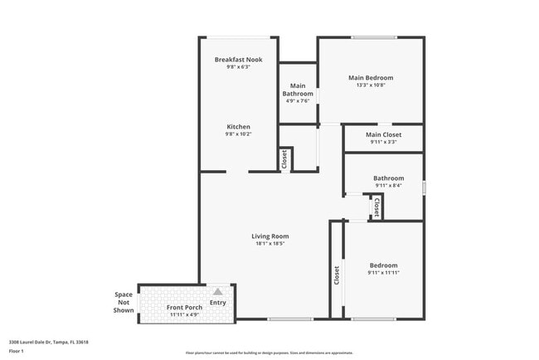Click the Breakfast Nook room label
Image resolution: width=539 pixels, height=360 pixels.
pyautogui.click(x=238, y=60)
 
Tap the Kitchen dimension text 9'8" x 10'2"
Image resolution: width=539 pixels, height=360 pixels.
pyautogui.click(x=238, y=134)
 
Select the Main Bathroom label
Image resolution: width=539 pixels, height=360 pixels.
pyautogui.click(x=298, y=90)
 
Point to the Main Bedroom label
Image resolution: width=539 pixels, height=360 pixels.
pyautogui.click(x=371, y=78)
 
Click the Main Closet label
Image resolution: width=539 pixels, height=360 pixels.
pyautogui.click(x=383, y=134)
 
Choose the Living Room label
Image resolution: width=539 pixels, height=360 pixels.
pyautogui.click(x=270, y=236)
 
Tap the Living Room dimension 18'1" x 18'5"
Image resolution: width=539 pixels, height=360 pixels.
pyautogui.click(x=270, y=244)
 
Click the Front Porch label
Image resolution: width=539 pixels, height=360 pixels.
pyautogui.click(x=184, y=308)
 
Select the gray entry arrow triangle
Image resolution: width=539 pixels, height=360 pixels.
pyautogui.click(x=218, y=292)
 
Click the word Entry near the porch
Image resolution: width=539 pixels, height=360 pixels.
pyautogui.click(x=218, y=303)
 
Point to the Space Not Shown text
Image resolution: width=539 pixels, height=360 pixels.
pyautogui.click(x=124, y=303)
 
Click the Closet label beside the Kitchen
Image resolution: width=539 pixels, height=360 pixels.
pyautogui.click(x=284, y=158)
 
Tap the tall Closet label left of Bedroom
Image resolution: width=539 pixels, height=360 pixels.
pyautogui.click(x=337, y=275)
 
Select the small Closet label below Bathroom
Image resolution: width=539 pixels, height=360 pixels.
pyautogui.click(x=376, y=207)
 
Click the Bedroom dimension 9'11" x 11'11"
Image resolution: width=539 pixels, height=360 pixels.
pyautogui.click(x=383, y=273)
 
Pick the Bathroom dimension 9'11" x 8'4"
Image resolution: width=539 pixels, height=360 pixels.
pyautogui.click(x=388, y=186)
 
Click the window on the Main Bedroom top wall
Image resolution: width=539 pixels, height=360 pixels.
pyautogui.click(x=370, y=37)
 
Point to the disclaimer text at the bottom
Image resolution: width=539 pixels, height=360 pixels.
pyautogui.click(x=269, y=352)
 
